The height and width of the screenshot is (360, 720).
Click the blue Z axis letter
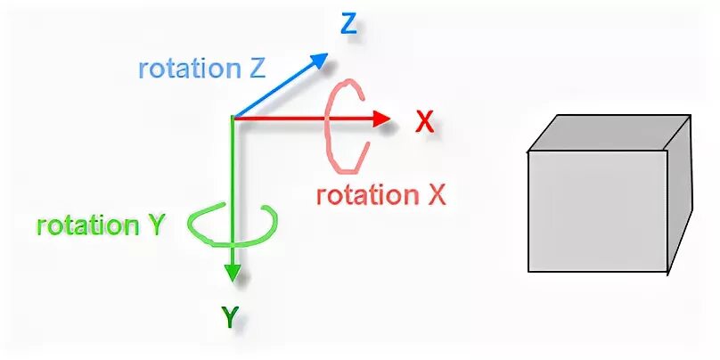click(348, 25)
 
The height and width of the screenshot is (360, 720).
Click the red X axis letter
click(425, 123)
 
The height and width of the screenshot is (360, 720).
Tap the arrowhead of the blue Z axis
click(319, 61)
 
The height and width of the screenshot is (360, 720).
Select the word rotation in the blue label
click(181, 69)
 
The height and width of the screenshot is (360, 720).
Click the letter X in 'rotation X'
click(436, 195)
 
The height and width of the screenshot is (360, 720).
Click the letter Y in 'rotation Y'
click(155, 225)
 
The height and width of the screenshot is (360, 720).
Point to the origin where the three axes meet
click(233, 118)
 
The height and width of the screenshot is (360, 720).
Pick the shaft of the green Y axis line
click(233, 178)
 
